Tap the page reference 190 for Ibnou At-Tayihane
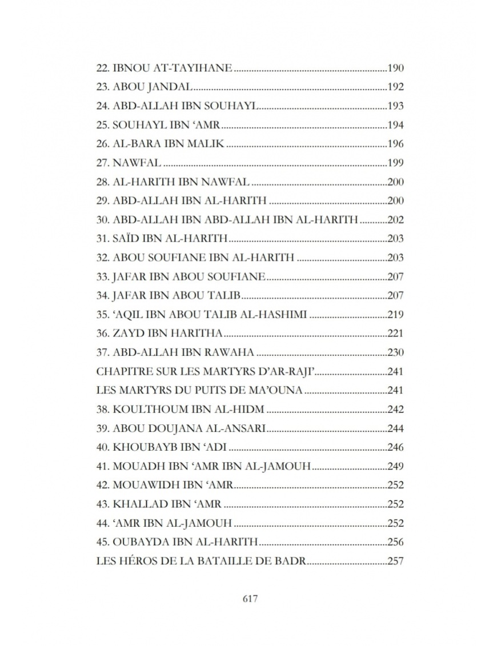coord(395,69)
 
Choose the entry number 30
coord(103,220)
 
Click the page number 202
coord(395,220)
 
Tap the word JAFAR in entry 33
coord(127,276)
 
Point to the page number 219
coord(395,314)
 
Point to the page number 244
coord(395,428)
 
